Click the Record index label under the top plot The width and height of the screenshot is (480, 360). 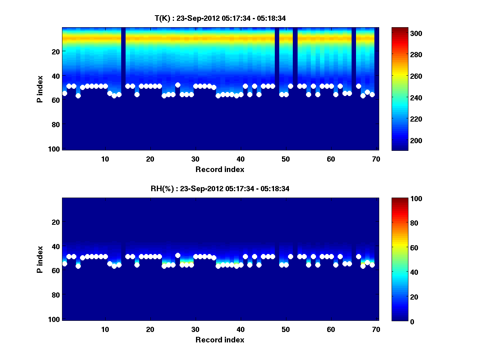[x=220, y=169]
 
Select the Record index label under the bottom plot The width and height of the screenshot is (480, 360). [x=220, y=340]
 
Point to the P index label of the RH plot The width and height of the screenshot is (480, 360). [x=40, y=259]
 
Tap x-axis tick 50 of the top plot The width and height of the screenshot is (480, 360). [x=286, y=159]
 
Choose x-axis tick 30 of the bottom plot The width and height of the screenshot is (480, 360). [x=195, y=329]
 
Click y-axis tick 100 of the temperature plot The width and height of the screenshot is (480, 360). [x=54, y=149]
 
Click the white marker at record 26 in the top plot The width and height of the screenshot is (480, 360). [x=178, y=85]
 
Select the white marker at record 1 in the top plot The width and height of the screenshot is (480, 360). [x=65, y=93]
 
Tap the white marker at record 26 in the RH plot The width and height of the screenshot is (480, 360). [x=178, y=255]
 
